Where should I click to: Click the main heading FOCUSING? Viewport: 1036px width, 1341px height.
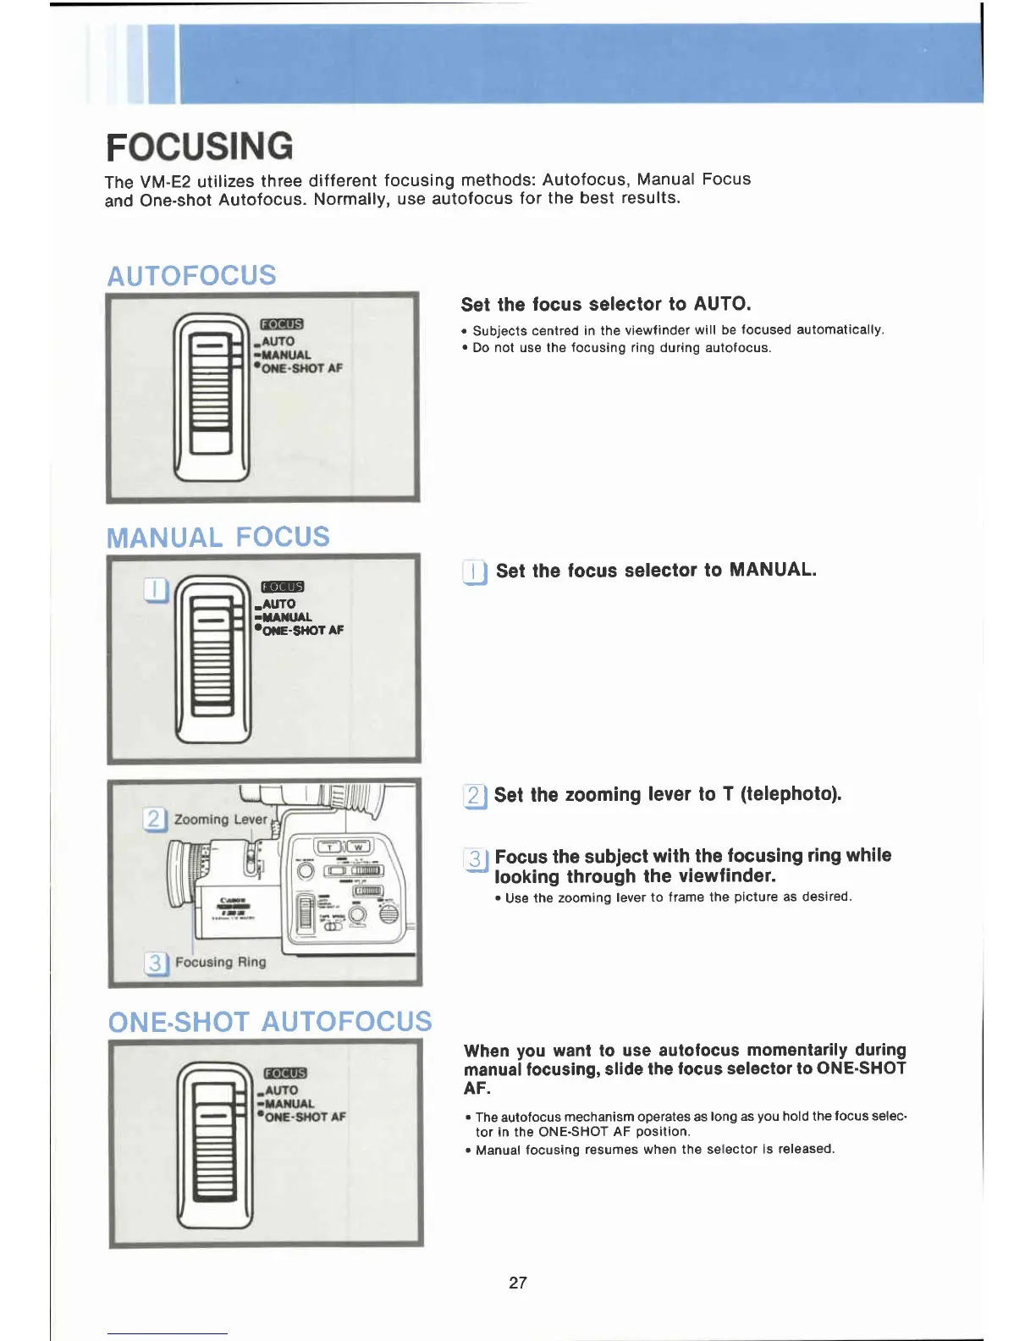pyautogui.click(x=200, y=146)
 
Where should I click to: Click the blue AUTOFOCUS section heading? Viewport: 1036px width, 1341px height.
pyautogui.click(x=191, y=276)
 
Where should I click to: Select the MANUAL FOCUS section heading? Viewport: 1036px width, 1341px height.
pyautogui.click(x=218, y=538)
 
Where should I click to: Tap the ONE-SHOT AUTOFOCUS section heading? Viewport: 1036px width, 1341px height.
pyautogui.click(x=270, y=1022)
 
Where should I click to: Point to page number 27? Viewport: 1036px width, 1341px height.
pyautogui.click(x=518, y=1283)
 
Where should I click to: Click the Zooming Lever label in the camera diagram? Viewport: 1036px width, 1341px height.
pyautogui.click(x=220, y=819)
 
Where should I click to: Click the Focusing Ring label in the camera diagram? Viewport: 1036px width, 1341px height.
pyautogui.click(x=220, y=963)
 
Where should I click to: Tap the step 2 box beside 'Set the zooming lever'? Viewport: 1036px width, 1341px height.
pyautogui.click(x=475, y=796)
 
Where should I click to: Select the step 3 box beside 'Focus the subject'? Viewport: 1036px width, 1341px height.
pyautogui.click(x=476, y=860)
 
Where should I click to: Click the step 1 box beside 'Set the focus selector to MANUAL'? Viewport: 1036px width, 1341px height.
pyautogui.click(x=475, y=573)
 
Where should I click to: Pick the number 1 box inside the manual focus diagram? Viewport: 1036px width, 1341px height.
pyautogui.click(x=157, y=589)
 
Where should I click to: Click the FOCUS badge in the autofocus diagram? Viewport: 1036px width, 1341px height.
pyautogui.click(x=282, y=324)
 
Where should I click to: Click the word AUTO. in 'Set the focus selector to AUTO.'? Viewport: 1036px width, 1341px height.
pyautogui.click(x=722, y=304)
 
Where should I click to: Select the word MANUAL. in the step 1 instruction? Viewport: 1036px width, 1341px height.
pyautogui.click(x=773, y=570)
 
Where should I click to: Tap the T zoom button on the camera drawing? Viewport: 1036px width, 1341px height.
pyautogui.click(x=328, y=847)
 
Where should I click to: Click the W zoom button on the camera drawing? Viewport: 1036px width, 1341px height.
pyautogui.click(x=358, y=847)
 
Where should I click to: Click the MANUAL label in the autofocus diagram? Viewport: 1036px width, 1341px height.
pyautogui.click(x=286, y=356)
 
